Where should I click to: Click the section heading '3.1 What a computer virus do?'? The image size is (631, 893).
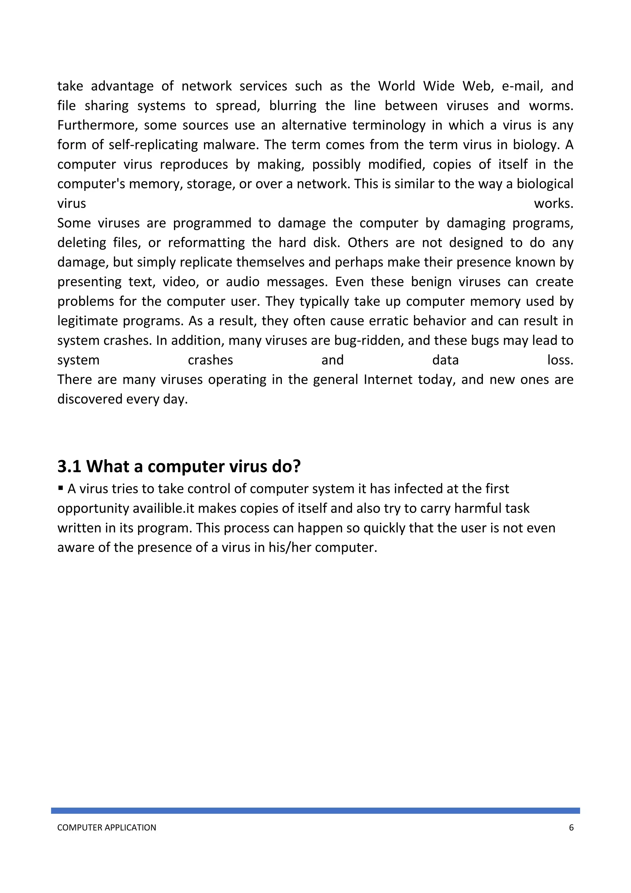point(179,466)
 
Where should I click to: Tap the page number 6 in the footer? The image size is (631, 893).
point(571,827)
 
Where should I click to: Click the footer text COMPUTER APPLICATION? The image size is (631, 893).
point(107,827)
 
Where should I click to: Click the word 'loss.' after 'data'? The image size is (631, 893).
point(560,360)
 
